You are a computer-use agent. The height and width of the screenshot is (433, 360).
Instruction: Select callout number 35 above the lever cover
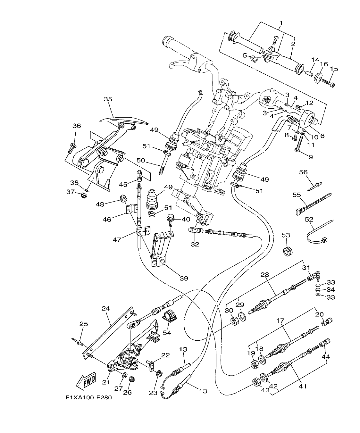[108, 99]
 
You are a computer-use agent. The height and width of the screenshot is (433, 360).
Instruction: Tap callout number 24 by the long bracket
[106, 309]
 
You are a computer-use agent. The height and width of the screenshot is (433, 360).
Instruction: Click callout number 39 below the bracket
[184, 278]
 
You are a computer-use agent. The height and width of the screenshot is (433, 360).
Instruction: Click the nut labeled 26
[131, 379]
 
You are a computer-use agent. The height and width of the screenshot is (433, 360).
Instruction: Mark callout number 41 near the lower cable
[303, 386]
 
